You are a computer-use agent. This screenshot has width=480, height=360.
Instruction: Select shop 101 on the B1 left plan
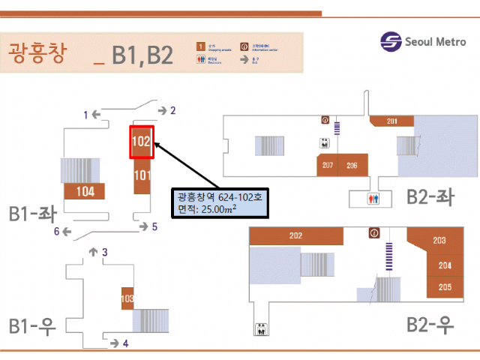click(142, 176)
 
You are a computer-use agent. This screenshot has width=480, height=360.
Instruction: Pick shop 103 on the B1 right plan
click(127, 299)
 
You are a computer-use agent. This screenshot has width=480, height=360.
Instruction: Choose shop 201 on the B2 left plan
click(391, 121)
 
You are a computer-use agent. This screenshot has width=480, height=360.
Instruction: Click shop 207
click(328, 166)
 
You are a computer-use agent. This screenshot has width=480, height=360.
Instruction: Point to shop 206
click(352, 166)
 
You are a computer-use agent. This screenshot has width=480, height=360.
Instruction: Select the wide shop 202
click(295, 236)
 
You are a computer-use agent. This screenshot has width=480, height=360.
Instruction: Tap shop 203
click(439, 241)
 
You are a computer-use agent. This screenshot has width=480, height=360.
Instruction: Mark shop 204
click(445, 265)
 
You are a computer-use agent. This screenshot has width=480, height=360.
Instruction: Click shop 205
click(445, 286)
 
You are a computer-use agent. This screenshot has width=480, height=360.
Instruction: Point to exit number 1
click(86, 115)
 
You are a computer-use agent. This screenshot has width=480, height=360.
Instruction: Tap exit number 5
click(154, 226)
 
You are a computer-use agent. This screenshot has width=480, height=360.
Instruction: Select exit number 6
click(56, 231)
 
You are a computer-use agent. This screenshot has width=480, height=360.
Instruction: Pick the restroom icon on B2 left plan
click(374, 199)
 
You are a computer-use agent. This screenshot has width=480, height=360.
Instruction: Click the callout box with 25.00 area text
click(218, 202)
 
